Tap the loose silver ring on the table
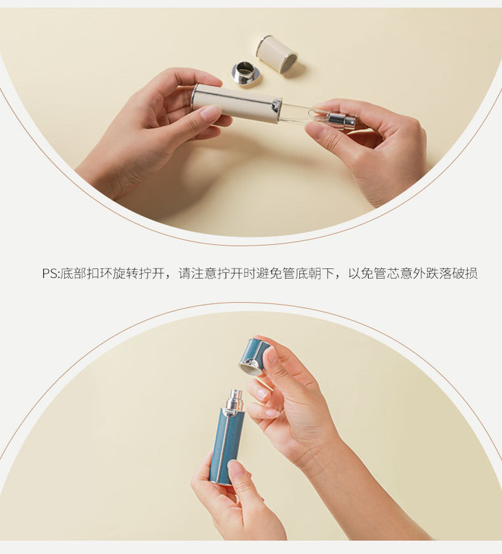[x=246, y=74]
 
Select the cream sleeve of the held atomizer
[x=234, y=105]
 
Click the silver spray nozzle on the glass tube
[x=338, y=121]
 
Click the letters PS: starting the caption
[x=50, y=273]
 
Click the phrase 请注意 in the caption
[x=199, y=273]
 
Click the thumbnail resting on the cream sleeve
[x=209, y=113]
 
